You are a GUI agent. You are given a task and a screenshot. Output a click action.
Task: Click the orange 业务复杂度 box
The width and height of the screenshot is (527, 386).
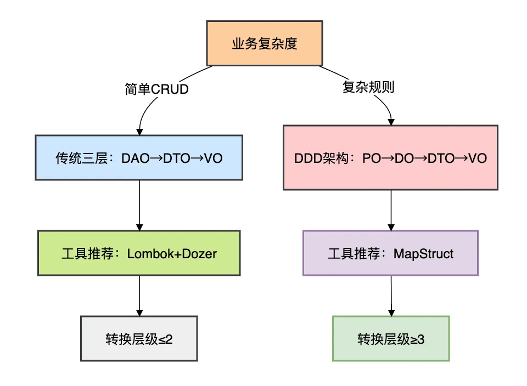click(x=264, y=44)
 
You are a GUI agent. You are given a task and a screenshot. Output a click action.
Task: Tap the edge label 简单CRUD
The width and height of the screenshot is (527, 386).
click(x=156, y=89)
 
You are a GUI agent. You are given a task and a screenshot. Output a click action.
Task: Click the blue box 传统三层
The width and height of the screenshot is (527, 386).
click(x=139, y=157)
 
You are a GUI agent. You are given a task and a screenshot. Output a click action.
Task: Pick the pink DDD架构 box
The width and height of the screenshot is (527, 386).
click(x=390, y=158)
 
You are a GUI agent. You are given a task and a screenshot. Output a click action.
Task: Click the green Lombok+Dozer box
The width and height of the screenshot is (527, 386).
click(x=139, y=253)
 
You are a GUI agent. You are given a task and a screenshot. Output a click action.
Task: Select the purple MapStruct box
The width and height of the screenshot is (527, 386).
click(x=390, y=253)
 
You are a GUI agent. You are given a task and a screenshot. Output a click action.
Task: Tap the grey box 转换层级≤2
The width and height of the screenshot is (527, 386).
click(x=139, y=338)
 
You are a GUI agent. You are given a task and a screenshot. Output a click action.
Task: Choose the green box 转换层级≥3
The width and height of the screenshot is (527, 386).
click(x=390, y=339)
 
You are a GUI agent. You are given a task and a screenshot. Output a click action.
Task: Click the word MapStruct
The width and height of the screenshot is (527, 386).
click(x=424, y=253)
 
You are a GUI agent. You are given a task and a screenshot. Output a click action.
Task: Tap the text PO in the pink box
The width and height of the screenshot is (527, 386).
click(x=371, y=158)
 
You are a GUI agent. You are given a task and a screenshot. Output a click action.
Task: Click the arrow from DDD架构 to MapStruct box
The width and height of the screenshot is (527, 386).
click(x=390, y=209)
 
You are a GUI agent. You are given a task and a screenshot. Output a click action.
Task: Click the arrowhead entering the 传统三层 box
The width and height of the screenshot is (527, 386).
click(x=139, y=132)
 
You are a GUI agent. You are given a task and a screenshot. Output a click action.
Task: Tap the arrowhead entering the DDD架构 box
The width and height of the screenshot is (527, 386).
click(x=391, y=121)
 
